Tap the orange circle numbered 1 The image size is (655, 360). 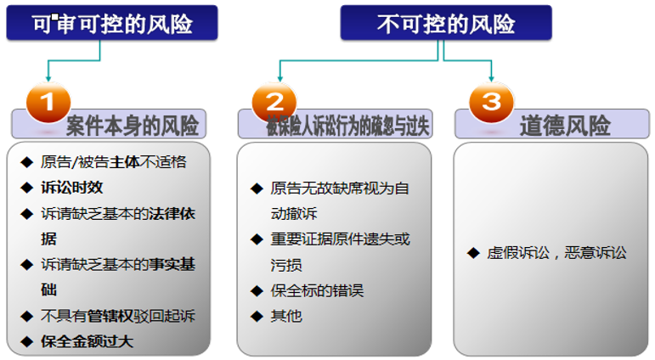[x=48, y=102]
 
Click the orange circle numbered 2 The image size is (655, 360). [x=274, y=102]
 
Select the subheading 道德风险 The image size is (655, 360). [x=565, y=127]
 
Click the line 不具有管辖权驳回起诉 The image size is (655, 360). [x=117, y=316]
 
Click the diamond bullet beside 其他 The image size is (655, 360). [x=256, y=317]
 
